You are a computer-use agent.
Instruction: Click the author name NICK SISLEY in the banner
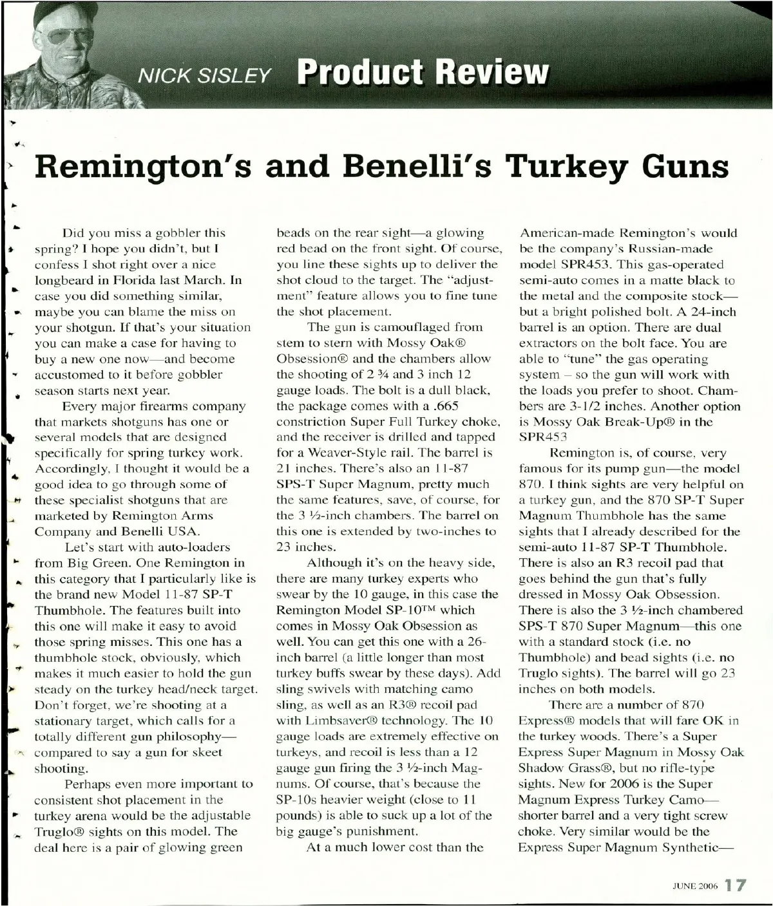point(204,76)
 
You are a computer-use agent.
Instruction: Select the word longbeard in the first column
point(64,280)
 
